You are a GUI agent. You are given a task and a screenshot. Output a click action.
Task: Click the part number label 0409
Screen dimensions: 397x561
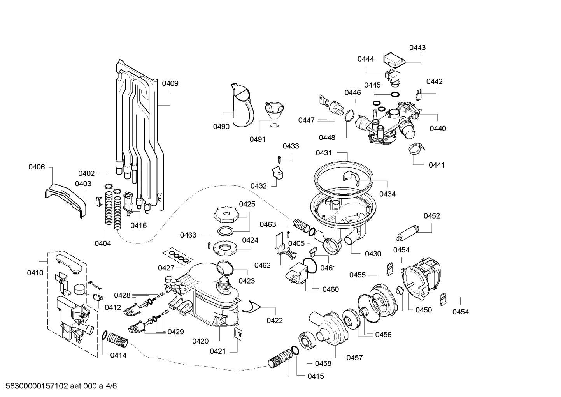point(170,83)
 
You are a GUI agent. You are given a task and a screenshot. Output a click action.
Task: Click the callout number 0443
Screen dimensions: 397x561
point(417,48)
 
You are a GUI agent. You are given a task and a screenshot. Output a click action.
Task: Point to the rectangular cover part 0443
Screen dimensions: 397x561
point(394,60)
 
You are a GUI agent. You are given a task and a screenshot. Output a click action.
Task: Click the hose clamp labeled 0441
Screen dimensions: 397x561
point(415,148)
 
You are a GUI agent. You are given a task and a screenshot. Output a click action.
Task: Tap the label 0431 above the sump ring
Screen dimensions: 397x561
point(323,153)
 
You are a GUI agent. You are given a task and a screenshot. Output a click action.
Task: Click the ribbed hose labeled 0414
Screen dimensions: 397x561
point(117,339)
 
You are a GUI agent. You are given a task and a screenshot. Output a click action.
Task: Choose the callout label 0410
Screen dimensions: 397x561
point(35,273)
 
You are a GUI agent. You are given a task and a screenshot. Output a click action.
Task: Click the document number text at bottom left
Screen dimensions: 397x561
point(59,386)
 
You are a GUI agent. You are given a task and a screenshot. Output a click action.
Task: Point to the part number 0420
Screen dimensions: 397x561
point(200,341)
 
